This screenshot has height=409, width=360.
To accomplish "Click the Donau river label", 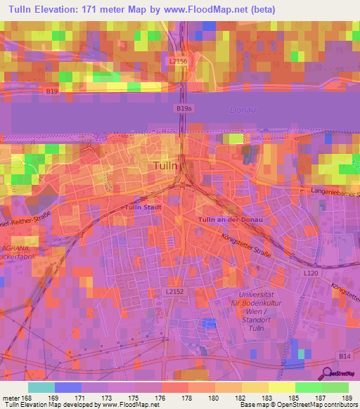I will [244, 110].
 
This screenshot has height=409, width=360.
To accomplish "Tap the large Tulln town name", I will [169, 167].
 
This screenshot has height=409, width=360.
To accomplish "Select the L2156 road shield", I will [179, 62].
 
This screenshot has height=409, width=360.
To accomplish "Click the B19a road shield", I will [183, 109].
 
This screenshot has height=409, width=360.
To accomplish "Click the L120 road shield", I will [310, 272].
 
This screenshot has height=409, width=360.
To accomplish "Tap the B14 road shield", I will [345, 358].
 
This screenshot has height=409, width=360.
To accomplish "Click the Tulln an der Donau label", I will [230, 221].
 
